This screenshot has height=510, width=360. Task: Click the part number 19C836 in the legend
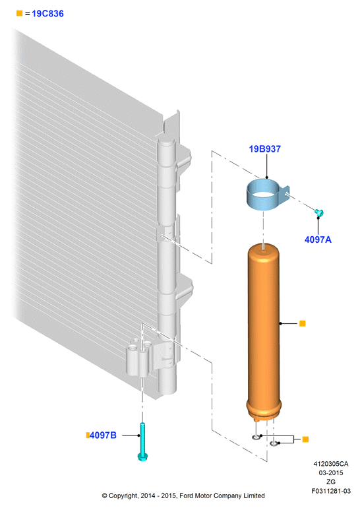point(47,14)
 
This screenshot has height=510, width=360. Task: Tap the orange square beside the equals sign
point(19,13)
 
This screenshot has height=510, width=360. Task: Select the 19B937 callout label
point(264,149)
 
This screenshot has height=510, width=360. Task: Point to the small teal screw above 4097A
point(319,212)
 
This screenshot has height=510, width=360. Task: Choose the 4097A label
point(318,239)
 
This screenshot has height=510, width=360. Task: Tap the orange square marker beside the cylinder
point(302,323)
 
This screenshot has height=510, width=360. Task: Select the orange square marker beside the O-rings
point(305,439)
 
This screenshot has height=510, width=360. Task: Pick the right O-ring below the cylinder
point(274,443)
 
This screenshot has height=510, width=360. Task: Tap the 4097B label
point(103,435)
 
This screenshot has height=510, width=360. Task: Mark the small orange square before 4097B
point(88,435)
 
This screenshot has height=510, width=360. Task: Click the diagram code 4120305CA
point(331,464)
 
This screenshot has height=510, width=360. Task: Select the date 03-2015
point(331,473)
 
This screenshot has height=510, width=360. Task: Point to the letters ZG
point(331,482)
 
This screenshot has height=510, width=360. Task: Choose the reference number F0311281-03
point(331,491)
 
